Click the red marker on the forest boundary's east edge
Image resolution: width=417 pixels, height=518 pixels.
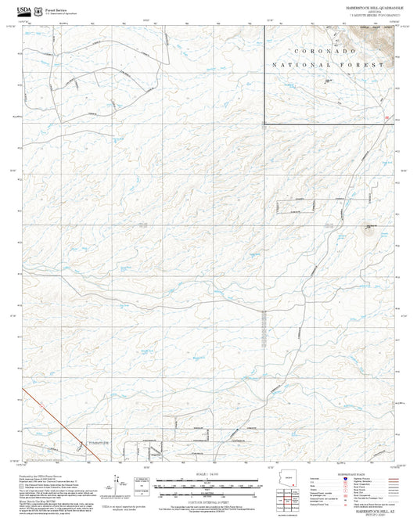(x=389, y=117)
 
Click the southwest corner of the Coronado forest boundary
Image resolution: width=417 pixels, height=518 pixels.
(x=263, y=123)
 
